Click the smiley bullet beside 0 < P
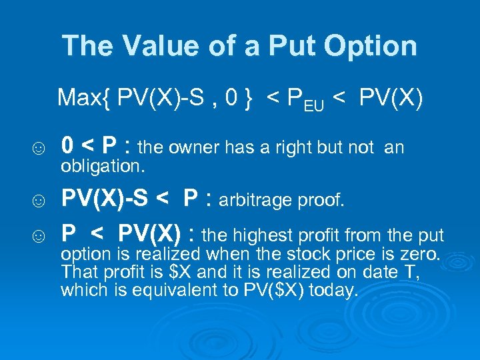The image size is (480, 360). point(40,147)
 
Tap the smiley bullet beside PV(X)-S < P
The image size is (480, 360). point(40,199)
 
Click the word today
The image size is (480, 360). point(333,291)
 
